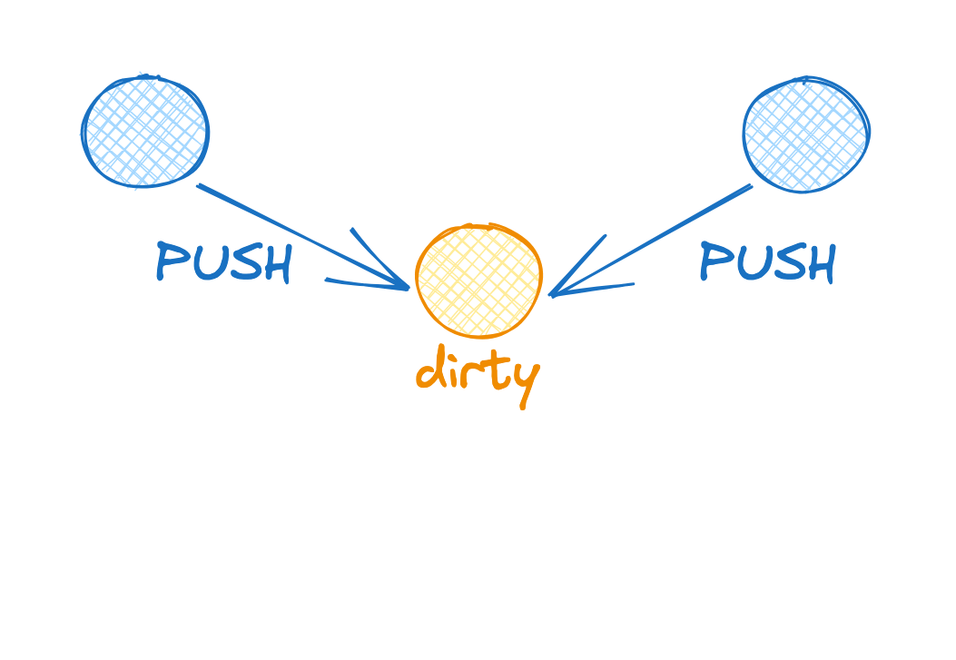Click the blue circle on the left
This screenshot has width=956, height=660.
[x=145, y=133]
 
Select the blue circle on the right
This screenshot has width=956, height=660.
[x=806, y=134]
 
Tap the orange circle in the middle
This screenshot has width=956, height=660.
[x=479, y=280]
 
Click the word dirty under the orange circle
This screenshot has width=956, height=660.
[x=478, y=372]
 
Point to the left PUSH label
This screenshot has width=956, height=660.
[x=223, y=263]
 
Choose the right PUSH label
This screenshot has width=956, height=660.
[x=767, y=263]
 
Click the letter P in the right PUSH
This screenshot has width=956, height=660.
[x=714, y=261]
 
